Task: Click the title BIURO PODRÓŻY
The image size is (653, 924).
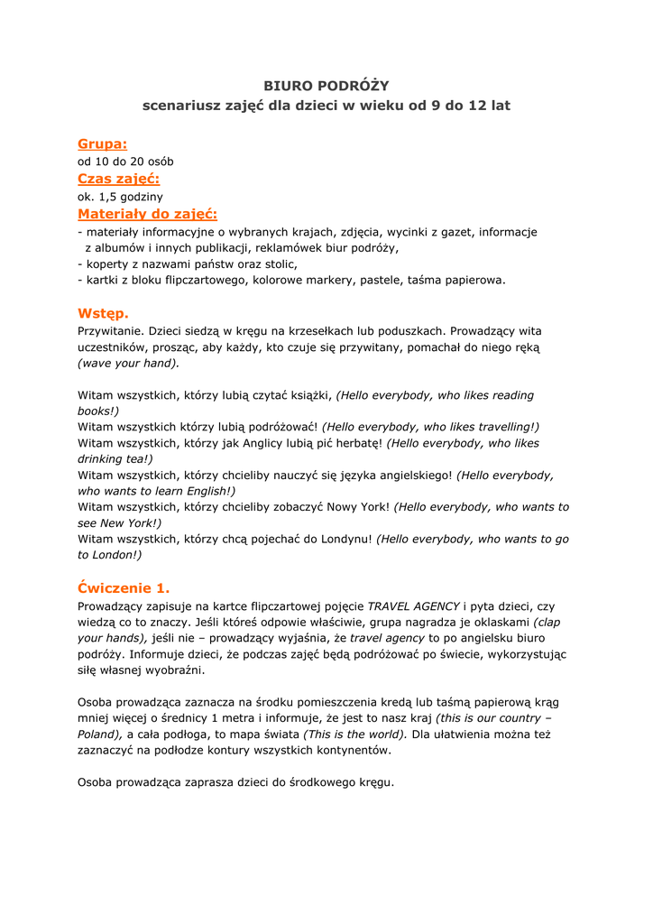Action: (x=326, y=86)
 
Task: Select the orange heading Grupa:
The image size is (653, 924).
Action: (x=102, y=143)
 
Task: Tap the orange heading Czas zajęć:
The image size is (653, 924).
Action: (x=118, y=179)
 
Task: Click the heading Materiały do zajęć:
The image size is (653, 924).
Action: (x=147, y=214)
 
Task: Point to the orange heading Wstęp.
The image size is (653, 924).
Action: (x=103, y=313)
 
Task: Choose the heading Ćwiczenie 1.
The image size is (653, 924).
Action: (x=124, y=587)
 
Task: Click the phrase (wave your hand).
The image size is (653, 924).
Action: (x=129, y=363)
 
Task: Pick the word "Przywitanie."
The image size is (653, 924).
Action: (x=113, y=331)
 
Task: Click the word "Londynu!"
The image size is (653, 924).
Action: (x=341, y=540)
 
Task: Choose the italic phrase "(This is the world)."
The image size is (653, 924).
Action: (x=355, y=735)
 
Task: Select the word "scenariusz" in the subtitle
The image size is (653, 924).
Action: (x=180, y=106)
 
